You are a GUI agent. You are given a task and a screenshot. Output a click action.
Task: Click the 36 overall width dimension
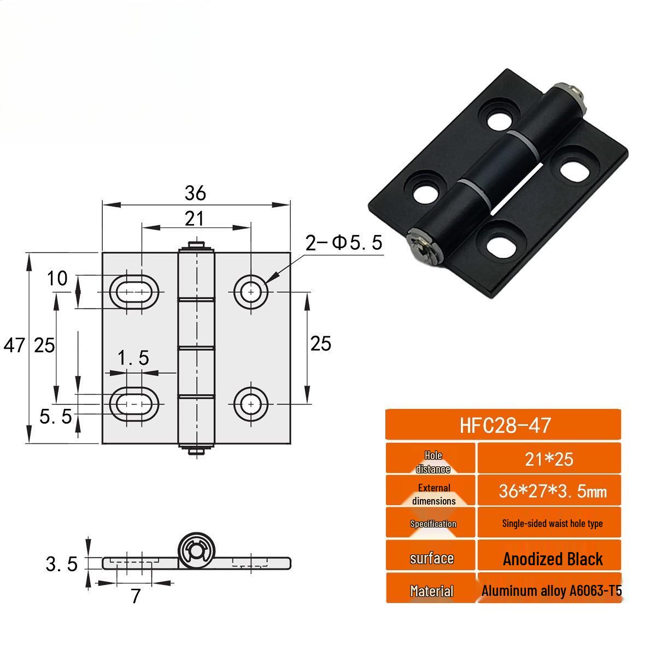pyautogui.click(x=195, y=193)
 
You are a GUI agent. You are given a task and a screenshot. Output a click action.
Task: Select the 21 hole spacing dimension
pyautogui.click(x=194, y=219)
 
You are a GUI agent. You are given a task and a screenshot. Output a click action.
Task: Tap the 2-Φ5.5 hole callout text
pyautogui.click(x=344, y=243)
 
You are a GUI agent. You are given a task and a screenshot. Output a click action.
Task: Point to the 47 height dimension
pyautogui.click(x=14, y=345)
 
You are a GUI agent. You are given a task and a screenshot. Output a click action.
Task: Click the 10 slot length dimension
pyautogui.click(x=57, y=278)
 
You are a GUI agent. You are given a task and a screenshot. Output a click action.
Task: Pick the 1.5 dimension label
pyautogui.click(x=133, y=358)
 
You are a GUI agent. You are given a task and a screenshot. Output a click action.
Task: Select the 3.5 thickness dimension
pyautogui.click(x=61, y=564)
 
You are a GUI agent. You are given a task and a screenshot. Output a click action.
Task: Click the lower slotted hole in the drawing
pyautogui.click(x=134, y=403)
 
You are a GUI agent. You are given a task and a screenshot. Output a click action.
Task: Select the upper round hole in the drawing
pyautogui.click(x=251, y=291)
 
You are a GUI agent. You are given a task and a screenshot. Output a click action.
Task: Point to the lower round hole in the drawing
pyautogui.click(x=251, y=403)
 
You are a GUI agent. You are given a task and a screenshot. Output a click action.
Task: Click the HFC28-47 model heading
pyautogui.click(x=503, y=425)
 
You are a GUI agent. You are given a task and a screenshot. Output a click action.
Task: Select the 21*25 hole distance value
pyautogui.click(x=549, y=459)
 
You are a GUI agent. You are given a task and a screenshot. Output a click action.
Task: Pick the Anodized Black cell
pyautogui.click(x=552, y=559)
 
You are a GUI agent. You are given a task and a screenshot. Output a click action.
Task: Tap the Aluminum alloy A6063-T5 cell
pyautogui.click(x=551, y=590)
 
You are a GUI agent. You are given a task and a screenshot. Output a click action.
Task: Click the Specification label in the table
pyautogui.click(x=433, y=524)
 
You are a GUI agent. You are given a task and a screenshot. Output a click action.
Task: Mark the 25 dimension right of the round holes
pyautogui.click(x=320, y=344)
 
